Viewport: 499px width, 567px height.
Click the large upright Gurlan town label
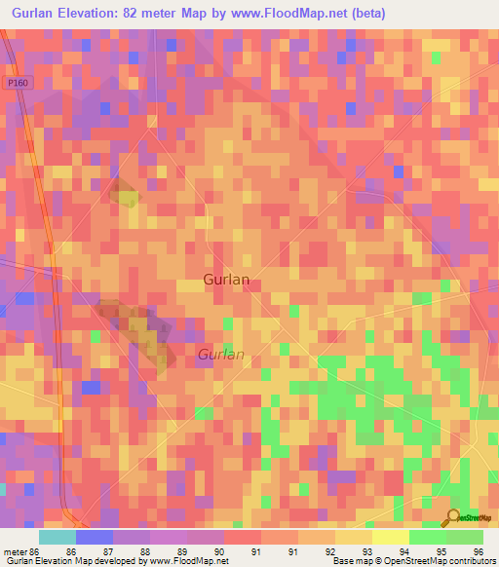pyautogui.click(x=226, y=280)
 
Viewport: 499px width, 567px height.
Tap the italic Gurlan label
pyautogui.click(x=221, y=355)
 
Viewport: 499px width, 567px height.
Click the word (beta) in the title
pyautogui.click(x=369, y=13)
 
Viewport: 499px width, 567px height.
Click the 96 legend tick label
pyautogui.click(x=478, y=551)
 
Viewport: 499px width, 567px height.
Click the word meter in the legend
pyautogui.click(x=16, y=551)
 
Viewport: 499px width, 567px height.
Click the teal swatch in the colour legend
pyautogui.click(x=58, y=537)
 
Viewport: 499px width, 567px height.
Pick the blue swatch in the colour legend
pyautogui.click(x=95, y=537)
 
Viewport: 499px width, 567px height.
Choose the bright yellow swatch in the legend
pyautogui.click(x=391, y=537)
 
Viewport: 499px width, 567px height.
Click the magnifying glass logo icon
pyautogui.click(x=453, y=518)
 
